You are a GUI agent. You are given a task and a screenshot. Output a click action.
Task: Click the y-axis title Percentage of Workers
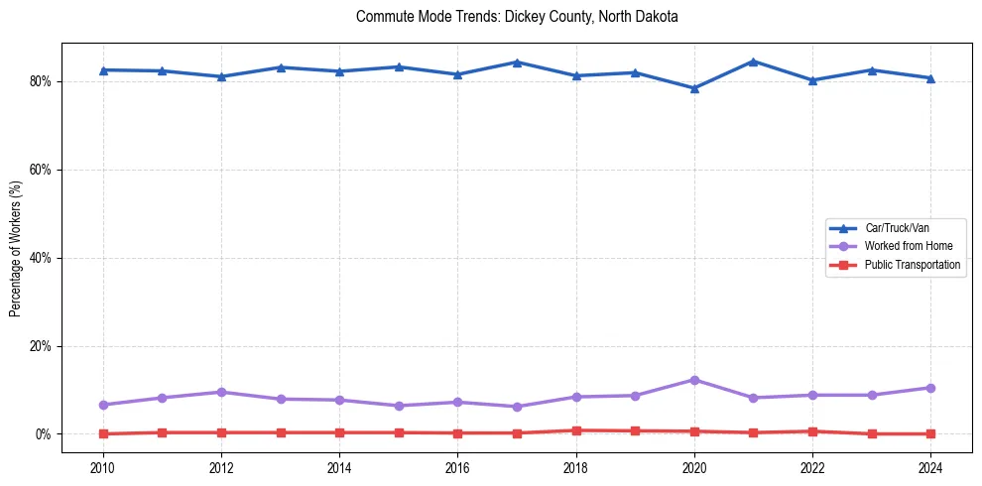[x=15, y=248]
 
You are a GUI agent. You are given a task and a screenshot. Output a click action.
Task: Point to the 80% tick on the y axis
[x=41, y=81]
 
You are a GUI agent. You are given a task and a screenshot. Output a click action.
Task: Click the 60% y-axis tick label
[x=41, y=170]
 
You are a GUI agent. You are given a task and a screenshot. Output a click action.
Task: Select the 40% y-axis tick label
[x=41, y=258]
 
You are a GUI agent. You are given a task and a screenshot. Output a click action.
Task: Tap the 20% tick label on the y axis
[x=41, y=346]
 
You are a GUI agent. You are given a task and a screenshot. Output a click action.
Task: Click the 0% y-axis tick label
[x=44, y=434]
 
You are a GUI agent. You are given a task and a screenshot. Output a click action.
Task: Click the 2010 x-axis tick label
[x=102, y=467]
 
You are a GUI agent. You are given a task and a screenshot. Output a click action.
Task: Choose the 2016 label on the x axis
[x=457, y=467]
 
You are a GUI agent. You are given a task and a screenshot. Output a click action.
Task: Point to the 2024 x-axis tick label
[x=930, y=467]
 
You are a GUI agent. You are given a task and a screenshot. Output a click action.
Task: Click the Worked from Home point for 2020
[x=694, y=380]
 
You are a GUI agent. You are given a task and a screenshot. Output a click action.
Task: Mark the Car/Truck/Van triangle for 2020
[x=694, y=88]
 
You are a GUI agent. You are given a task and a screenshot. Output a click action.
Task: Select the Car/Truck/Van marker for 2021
[x=753, y=61]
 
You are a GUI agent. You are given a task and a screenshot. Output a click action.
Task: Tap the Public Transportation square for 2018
[x=575, y=430]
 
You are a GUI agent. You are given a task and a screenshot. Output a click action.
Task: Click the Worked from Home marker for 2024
[x=930, y=388]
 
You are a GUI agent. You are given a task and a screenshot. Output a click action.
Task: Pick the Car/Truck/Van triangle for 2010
[x=102, y=70]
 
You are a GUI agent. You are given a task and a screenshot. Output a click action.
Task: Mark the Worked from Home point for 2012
[x=221, y=392]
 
